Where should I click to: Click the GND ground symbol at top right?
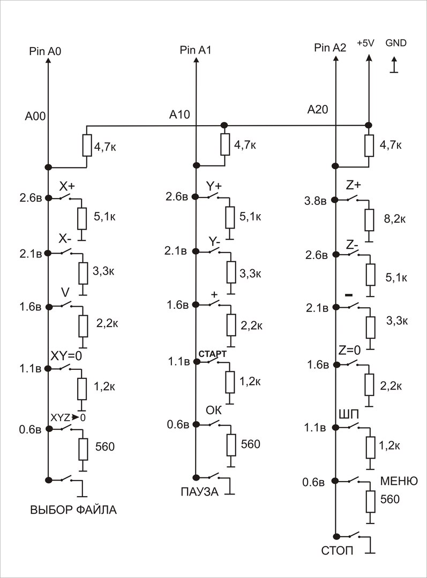point(395,66)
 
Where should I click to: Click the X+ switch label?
point(67,186)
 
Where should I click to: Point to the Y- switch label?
point(215,241)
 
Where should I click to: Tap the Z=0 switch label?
point(350,350)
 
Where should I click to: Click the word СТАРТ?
point(213,354)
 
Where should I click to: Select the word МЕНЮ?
point(399,481)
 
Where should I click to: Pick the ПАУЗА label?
point(199,492)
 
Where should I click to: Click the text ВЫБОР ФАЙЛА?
point(73,510)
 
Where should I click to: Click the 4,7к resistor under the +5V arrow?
point(369,146)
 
